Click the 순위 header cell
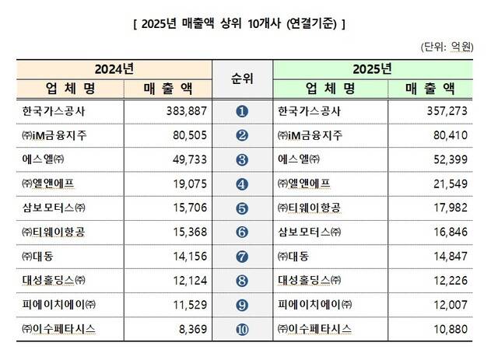(x=242, y=78)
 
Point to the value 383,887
(x=184, y=111)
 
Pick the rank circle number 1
(x=241, y=112)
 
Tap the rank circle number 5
(x=241, y=208)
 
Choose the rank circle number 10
(x=241, y=329)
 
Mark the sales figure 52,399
(x=446, y=160)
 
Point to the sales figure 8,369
(x=190, y=329)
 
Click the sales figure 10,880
(x=446, y=329)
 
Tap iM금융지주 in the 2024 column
(x=57, y=136)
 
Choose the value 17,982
(x=446, y=208)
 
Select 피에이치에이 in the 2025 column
(x=314, y=305)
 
